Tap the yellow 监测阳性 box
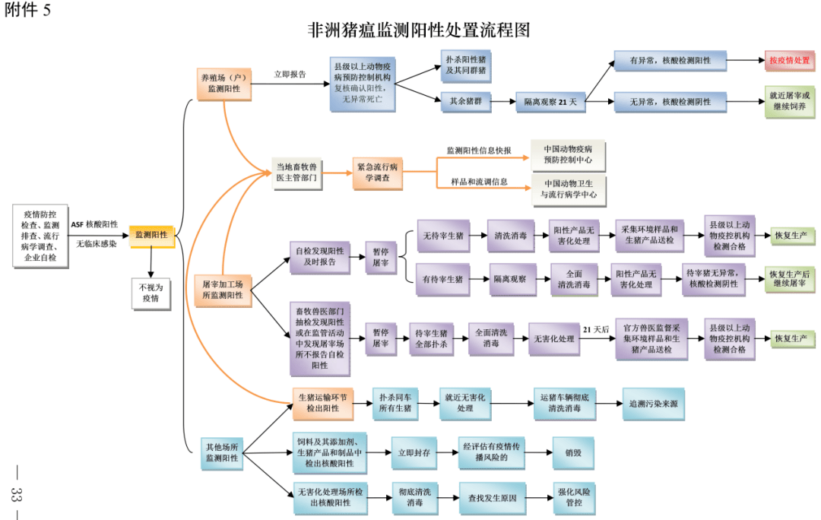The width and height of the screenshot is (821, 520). pos(152,235)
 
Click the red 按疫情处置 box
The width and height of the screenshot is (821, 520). pos(790,60)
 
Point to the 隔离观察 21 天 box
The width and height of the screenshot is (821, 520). pos(551,102)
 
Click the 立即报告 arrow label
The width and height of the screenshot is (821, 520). pos(290,75)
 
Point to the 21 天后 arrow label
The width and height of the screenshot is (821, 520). pos(596,329)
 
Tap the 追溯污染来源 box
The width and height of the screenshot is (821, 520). pos(654,404)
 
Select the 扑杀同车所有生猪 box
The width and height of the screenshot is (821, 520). pos(396,404)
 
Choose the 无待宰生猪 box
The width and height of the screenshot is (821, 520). pos(443,236)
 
